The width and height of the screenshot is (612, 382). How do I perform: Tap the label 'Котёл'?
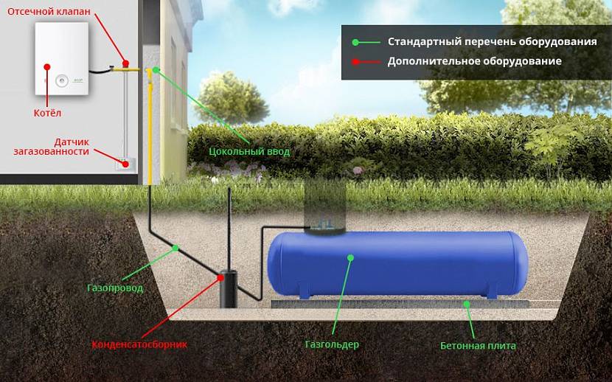click(x=47, y=113)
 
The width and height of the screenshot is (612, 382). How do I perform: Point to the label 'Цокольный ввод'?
click(x=250, y=151)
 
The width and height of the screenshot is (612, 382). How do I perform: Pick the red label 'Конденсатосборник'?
click(x=139, y=344)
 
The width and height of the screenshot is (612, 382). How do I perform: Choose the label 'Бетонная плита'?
click(x=479, y=345)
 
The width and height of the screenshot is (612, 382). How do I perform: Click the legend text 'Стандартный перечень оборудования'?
click(x=492, y=41)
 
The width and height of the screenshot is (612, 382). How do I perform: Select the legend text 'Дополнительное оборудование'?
click(x=475, y=61)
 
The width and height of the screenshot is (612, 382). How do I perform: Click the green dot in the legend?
click(x=355, y=41)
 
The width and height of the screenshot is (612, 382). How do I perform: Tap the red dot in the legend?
click(x=355, y=62)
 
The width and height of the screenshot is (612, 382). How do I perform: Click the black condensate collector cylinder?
click(x=228, y=288)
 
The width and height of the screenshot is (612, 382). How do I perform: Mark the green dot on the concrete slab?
click(x=465, y=303)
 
